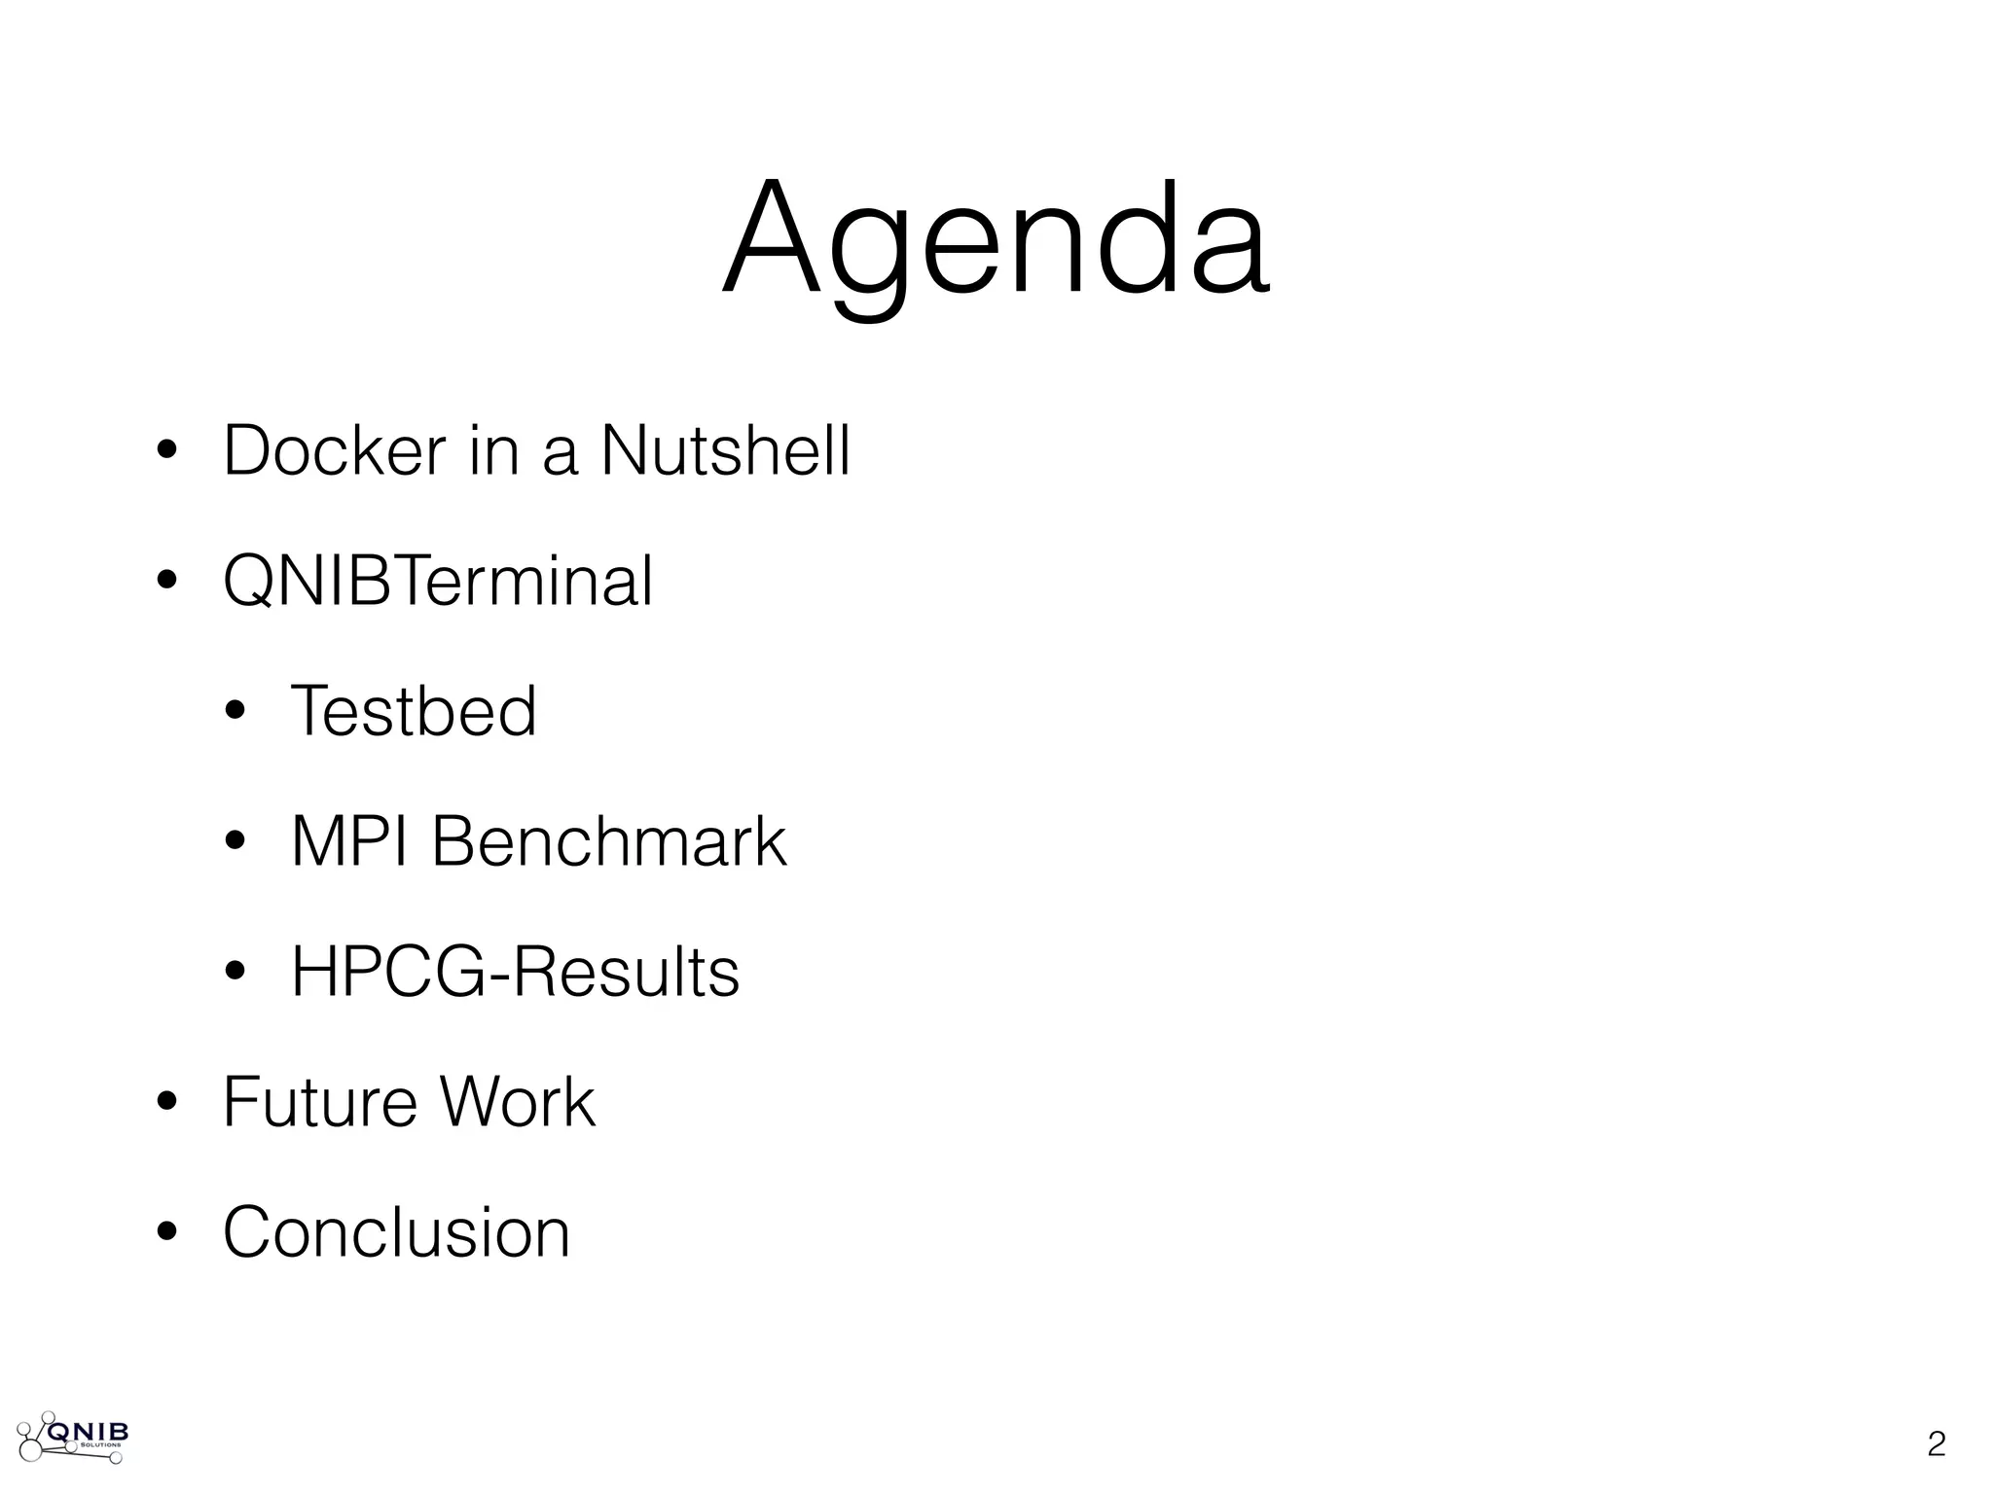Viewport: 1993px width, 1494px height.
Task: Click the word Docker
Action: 334,450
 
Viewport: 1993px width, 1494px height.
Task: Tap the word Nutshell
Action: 726,450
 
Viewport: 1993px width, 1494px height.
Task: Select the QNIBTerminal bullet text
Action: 438,581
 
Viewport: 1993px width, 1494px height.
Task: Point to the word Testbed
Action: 414,711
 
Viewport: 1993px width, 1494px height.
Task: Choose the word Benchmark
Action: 608,841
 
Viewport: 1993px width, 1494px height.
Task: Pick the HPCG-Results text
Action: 515,972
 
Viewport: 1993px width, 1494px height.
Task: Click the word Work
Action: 517,1102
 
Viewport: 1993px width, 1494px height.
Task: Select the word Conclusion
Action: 396,1232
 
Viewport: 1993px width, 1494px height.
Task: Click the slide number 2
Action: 1936,1444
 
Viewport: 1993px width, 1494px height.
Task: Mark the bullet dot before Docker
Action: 166,453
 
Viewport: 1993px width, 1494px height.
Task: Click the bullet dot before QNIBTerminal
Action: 166,584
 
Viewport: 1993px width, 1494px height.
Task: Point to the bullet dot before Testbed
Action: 235,714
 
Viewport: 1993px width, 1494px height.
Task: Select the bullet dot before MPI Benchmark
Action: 235,844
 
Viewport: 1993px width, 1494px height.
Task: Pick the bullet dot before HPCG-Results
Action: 235,975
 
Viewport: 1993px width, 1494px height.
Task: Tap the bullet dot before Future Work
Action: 166,1105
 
